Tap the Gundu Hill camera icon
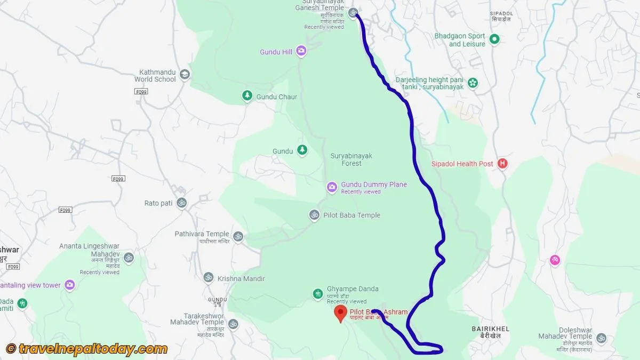click(301, 51)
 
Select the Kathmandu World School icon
click(185, 74)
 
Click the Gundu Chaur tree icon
click(247, 96)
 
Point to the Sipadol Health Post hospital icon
click(502, 163)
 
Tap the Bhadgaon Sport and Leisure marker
click(494, 39)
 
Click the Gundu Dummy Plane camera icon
click(332, 187)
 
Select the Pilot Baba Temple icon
click(314, 215)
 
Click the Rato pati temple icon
click(181, 203)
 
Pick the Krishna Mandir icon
click(208, 278)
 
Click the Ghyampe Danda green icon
click(317, 293)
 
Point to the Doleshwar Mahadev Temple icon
click(602, 338)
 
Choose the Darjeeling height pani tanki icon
click(473, 83)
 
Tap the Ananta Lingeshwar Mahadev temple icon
click(128, 258)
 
